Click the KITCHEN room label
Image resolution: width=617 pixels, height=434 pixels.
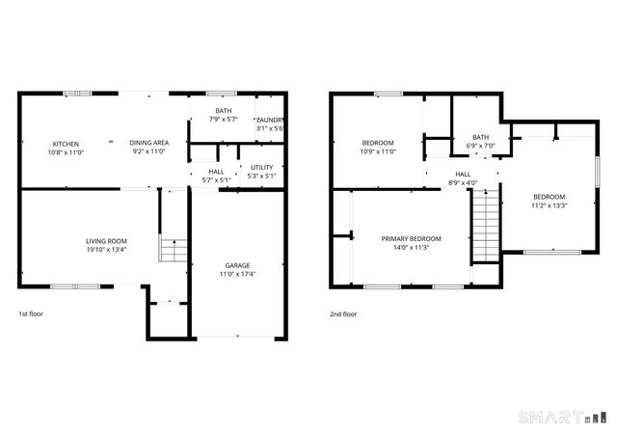(66, 143)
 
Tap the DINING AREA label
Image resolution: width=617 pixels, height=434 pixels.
(149, 143)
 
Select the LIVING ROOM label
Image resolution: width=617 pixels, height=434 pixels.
(106, 241)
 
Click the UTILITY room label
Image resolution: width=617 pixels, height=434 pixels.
(261, 168)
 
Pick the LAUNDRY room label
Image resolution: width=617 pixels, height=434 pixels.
(270, 121)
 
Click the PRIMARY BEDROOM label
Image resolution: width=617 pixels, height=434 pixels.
(412, 238)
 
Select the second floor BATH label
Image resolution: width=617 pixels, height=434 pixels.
(479, 137)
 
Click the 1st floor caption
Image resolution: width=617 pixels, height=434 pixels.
(31, 313)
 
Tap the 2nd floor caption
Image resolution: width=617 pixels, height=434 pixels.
(344, 313)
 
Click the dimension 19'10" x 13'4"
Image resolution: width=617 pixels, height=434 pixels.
(106, 249)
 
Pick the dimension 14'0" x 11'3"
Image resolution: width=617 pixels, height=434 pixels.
(412, 247)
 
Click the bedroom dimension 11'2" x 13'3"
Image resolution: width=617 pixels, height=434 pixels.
(549, 204)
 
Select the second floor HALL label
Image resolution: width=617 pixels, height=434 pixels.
(463, 175)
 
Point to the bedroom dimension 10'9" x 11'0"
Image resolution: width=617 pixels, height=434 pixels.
(377, 150)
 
